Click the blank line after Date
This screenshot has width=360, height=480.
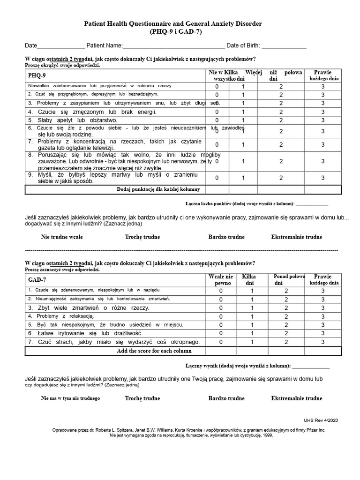tap(60, 46)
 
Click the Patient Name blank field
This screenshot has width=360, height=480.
tap(173, 46)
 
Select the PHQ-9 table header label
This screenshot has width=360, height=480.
tap(37, 75)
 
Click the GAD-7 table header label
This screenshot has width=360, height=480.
tap(37, 280)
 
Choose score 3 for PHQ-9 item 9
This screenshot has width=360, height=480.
tap(323, 178)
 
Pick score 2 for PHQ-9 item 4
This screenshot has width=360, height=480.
tap(281, 112)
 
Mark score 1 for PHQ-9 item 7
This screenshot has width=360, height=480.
tap(243, 145)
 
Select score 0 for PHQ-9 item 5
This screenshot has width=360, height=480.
tap(217, 120)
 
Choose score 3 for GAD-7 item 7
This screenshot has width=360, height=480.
tap(322, 342)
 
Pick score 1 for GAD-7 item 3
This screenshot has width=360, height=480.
tap(252, 308)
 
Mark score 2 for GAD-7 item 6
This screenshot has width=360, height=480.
tap(286, 333)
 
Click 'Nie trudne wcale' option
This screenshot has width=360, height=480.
tap(62, 237)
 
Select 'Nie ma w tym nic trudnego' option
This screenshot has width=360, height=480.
tap(70, 398)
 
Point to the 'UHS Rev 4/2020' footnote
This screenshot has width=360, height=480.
tap(321, 420)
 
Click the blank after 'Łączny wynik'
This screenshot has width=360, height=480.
tap(311, 366)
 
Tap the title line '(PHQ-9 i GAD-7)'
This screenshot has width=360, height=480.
tap(180, 32)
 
